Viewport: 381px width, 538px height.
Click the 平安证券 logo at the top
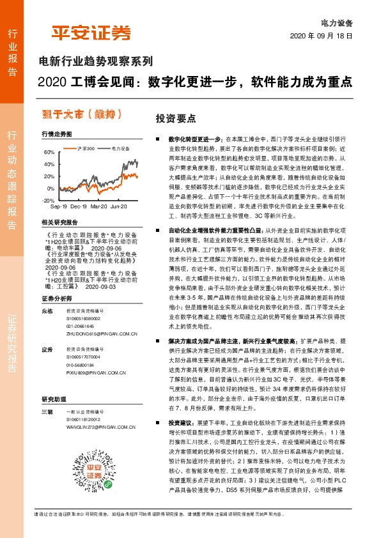(x=91, y=33)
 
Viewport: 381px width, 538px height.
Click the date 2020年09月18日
(x=325, y=36)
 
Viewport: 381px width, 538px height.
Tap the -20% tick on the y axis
(x=48, y=201)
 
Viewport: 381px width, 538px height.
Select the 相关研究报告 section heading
(x=59, y=222)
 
